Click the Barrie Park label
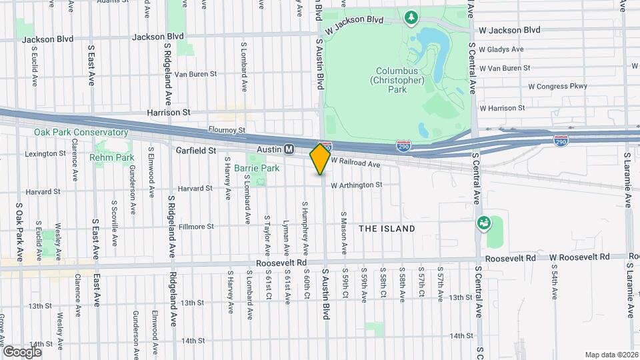click(256, 169)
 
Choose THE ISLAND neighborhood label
click(387, 229)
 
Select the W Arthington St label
click(357, 185)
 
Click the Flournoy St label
click(227, 130)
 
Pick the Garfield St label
click(196, 151)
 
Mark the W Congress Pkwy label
click(558, 86)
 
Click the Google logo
click(22, 351)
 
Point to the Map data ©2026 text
click(611, 355)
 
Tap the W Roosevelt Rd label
click(579, 257)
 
